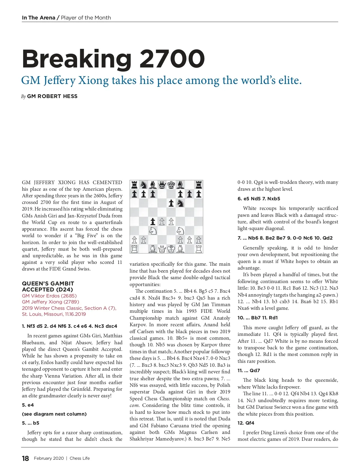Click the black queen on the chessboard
162,185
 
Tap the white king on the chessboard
171,249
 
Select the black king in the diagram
171,185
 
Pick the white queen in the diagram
162,249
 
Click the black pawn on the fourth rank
153,222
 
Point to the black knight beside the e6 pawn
180,203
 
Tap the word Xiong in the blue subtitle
93,80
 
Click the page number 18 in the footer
25,458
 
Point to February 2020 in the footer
49,458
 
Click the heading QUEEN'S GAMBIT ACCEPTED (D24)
48,286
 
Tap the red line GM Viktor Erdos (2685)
49,296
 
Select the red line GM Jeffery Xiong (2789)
50,302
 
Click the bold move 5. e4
28,405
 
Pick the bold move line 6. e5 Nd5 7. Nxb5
259,199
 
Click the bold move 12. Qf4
246,423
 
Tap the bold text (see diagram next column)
54,414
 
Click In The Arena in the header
38,18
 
